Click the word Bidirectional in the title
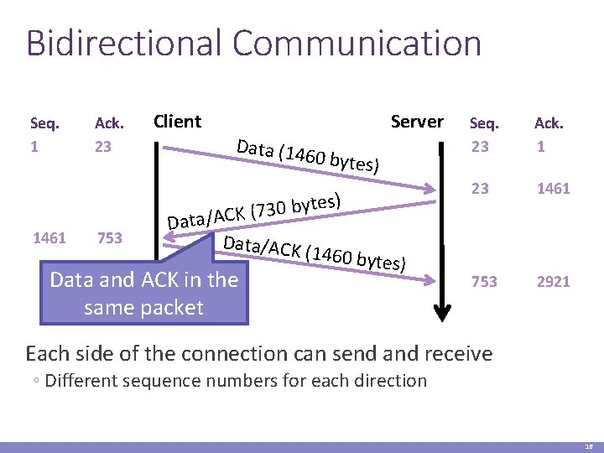point(124,44)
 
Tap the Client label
point(177,121)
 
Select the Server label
point(417,121)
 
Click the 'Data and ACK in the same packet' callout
point(144,293)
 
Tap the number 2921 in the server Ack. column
point(554,282)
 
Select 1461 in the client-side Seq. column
point(49,238)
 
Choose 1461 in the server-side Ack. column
point(554,189)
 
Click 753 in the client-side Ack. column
point(110,238)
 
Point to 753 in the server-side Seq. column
point(484,282)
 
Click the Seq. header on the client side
point(44,124)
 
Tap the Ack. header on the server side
point(549,124)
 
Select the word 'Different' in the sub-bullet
point(81,381)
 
